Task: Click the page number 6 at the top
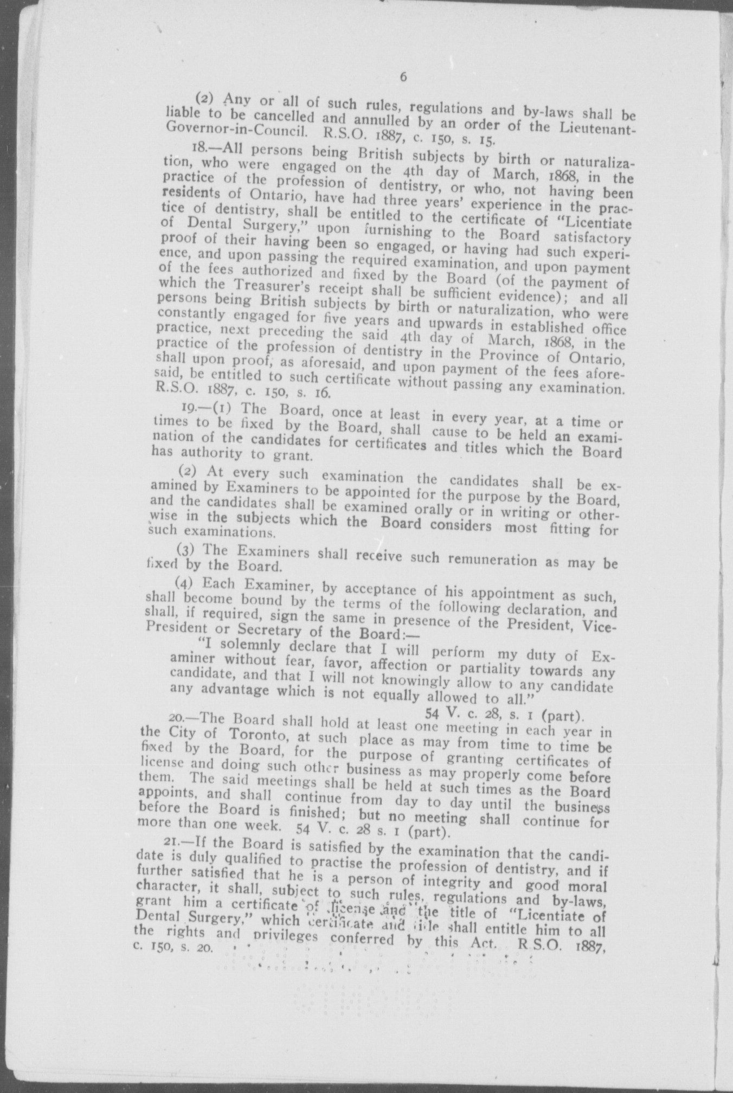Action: click(x=403, y=76)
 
